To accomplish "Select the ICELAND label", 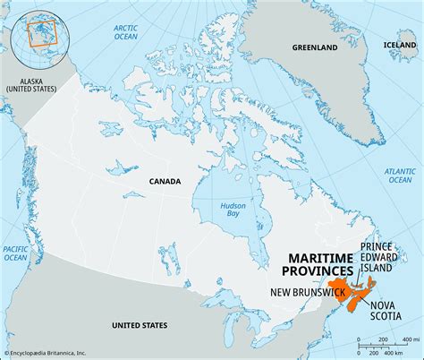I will point(399,44).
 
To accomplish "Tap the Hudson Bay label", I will point(233,211).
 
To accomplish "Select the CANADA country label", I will point(164,181).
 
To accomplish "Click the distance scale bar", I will point(382,346).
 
